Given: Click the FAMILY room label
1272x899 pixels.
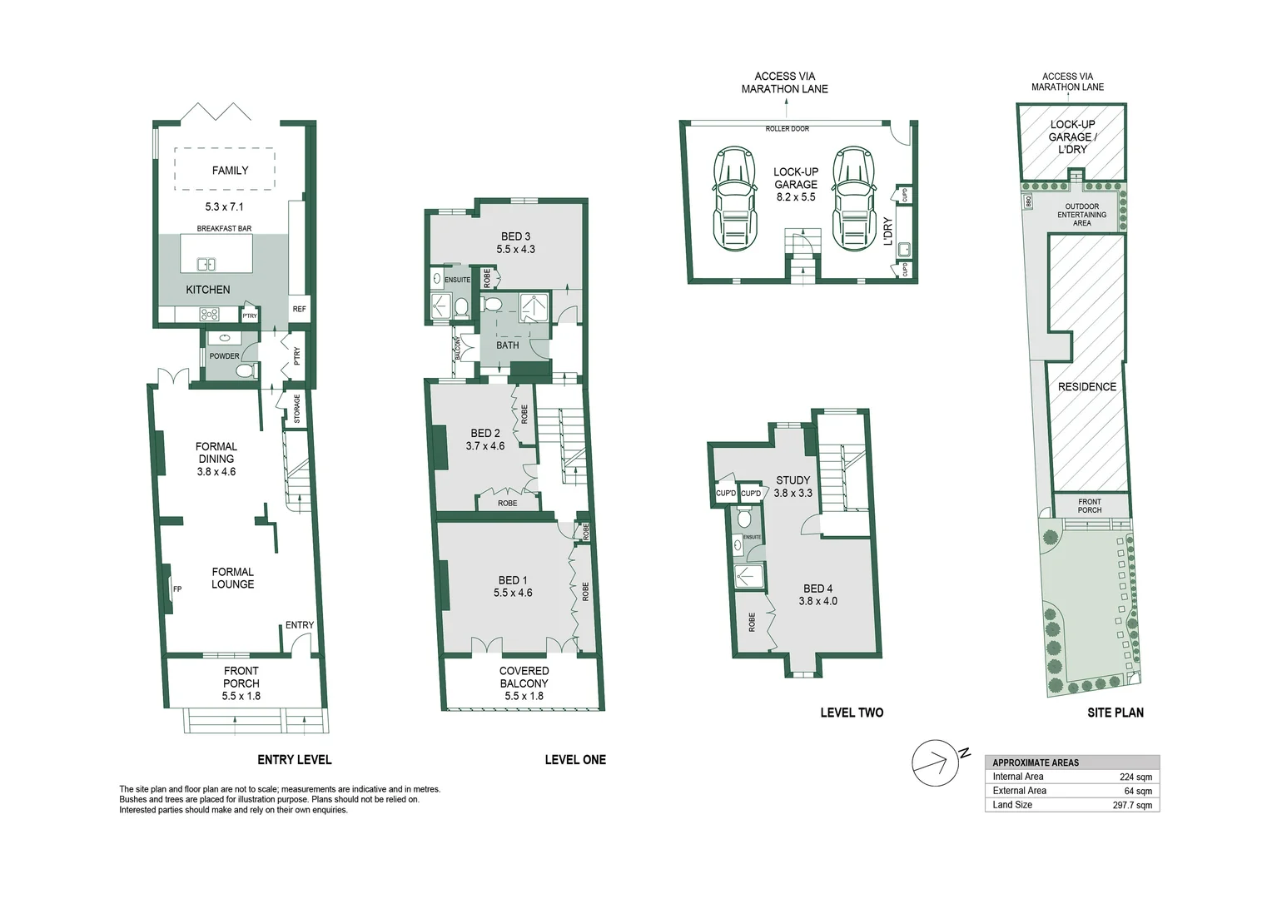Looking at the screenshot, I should point(230,171).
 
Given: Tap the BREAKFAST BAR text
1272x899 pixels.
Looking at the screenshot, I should point(224,228).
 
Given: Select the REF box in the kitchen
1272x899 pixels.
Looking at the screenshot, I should point(299,309).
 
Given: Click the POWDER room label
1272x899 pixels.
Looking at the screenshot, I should point(224,356).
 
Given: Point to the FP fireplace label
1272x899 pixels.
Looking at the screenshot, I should point(177,589).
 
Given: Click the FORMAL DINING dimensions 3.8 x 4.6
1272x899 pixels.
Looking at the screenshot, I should point(216,472).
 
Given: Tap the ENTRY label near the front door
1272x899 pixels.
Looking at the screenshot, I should point(300,625).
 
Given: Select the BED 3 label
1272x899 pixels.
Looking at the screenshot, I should point(515,236).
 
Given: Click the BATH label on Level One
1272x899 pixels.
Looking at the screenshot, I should point(507,345).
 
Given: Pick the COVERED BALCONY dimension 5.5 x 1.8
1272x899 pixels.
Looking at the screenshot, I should point(524,696).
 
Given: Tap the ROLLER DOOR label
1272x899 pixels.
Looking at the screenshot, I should point(787,129).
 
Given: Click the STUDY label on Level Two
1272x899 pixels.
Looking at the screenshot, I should point(793,480).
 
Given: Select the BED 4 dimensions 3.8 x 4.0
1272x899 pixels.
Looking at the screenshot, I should point(817,601).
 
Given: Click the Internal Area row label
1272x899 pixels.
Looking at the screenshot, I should point(1017,777).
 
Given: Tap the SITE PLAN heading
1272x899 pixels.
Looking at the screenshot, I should point(1115,713).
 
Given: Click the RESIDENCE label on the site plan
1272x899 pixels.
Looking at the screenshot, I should point(1086,387).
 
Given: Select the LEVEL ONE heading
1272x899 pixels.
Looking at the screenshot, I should point(575,760).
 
